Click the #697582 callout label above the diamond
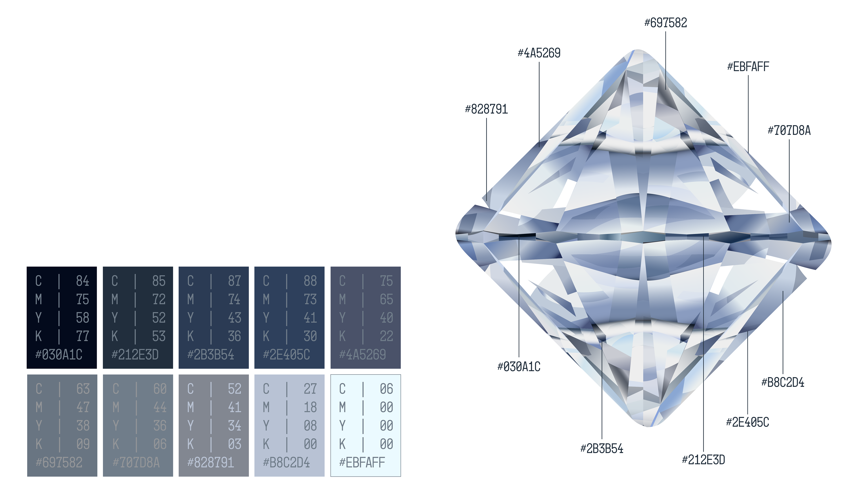(665, 23)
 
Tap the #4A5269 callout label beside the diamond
(539, 53)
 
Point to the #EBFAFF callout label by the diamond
(748, 67)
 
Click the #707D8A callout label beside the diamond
(789, 130)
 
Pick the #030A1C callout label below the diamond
(519, 367)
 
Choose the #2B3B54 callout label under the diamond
(602, 449)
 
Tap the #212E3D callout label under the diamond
(703, 460)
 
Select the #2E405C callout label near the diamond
(747, 422)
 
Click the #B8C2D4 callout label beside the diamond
(783, 382)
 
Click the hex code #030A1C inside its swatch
(59, 354)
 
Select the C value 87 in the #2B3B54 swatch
(234, 281)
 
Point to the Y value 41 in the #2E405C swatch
(310, 318)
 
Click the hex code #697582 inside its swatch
(59, 462)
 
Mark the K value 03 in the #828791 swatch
(234, 444)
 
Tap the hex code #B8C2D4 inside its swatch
(286, 462)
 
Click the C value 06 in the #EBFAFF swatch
(386, 389)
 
